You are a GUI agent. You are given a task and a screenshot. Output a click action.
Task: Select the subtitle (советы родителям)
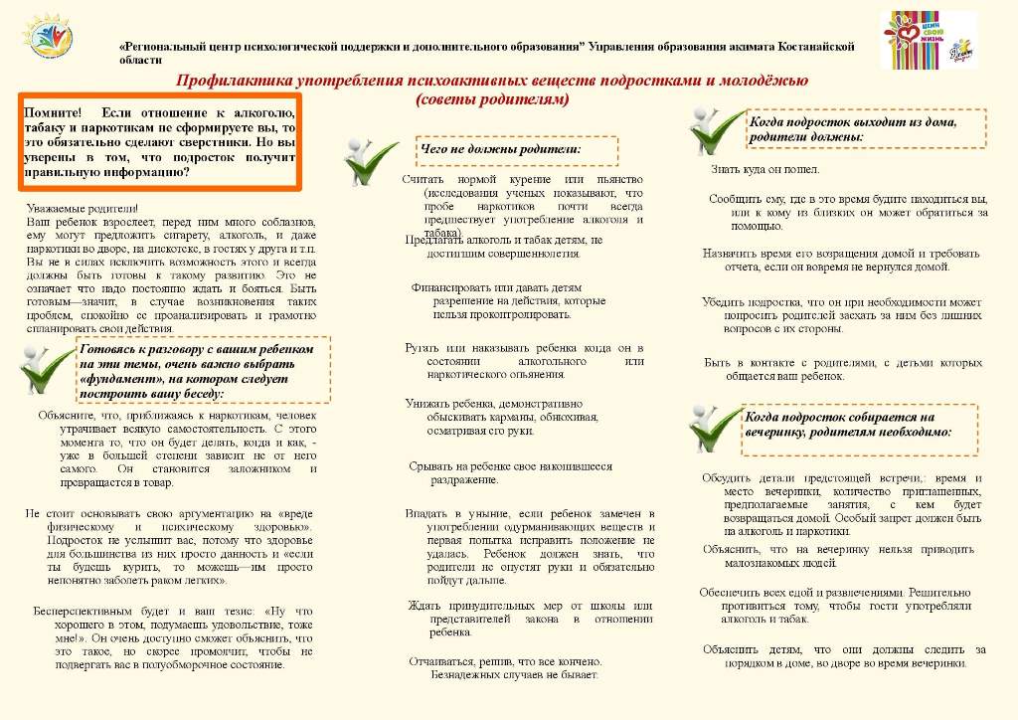click(492, 99)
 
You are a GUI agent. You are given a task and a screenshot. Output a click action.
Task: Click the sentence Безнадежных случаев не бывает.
click(514, 673)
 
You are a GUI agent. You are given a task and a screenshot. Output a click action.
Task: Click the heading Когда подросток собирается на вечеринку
click(848, 425)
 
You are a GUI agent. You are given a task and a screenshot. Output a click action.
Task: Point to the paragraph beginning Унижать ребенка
click(493, 417)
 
